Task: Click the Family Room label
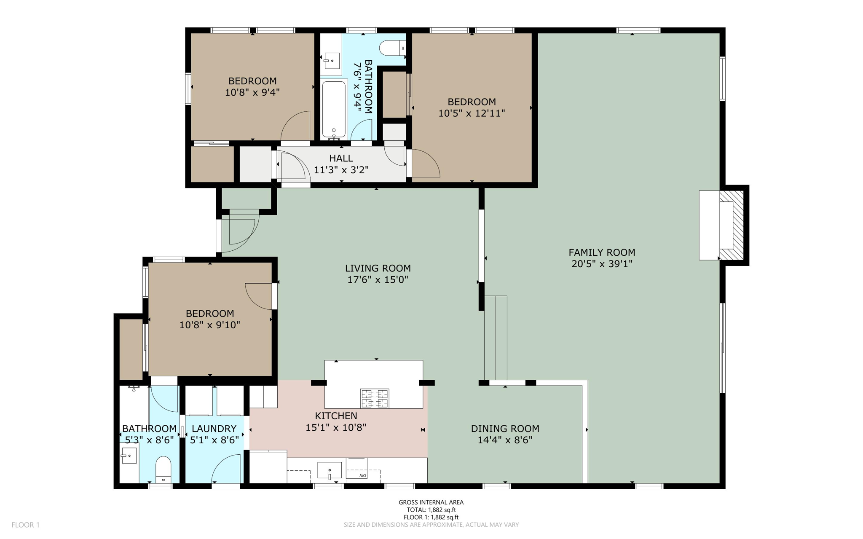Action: click(601, 252)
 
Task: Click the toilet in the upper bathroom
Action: click(392, 48)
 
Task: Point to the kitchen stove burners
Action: click(374, 398)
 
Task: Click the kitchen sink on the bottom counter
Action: click(330, 470)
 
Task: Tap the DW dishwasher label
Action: click(362, 475)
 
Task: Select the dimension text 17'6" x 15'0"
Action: click(378, 279)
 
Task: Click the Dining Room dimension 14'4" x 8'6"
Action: click(505, 440)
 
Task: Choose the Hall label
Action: click(341, 158)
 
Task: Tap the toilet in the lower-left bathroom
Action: click(163, 469)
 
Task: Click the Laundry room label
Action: click(214, 429)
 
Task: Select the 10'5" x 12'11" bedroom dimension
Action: click(472, 113)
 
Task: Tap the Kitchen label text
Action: click(336, 416)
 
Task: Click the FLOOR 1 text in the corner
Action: click(25, 525)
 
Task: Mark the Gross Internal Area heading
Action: click(431, 502)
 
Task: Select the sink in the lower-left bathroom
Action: click(129, 456)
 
